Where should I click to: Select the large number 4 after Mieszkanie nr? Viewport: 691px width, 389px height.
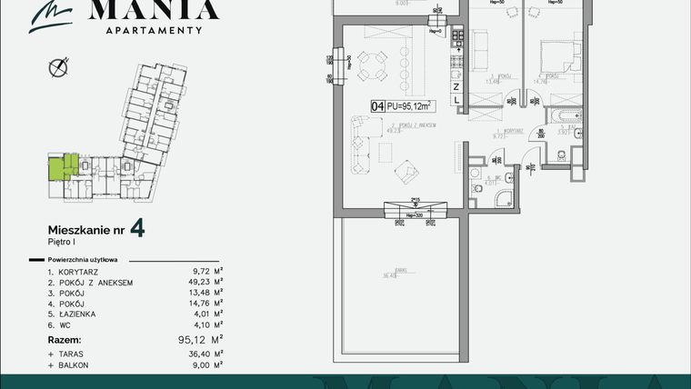[136, 227]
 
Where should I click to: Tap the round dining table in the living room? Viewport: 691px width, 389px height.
[376, 65]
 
